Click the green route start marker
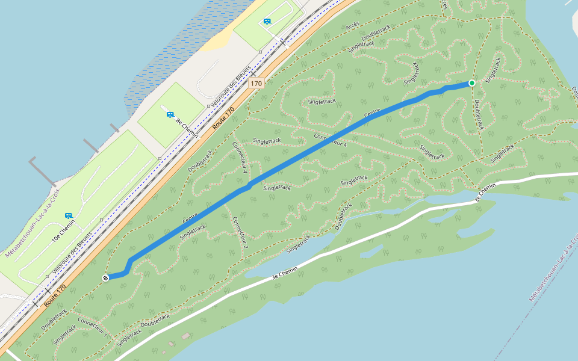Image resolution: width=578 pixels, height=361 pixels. click(472, 83)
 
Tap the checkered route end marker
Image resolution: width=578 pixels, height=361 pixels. click(106, 277)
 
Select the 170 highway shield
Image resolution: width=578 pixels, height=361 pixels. click(256, 84)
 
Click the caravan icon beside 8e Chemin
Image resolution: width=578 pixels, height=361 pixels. click(170, 114)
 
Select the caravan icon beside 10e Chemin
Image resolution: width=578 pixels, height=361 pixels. click(68, 215)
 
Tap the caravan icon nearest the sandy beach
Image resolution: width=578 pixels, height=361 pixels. click(267, 22)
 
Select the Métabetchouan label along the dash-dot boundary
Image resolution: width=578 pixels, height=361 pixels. click(553, 267)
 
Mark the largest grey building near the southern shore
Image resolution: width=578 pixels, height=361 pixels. click(186, 336)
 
